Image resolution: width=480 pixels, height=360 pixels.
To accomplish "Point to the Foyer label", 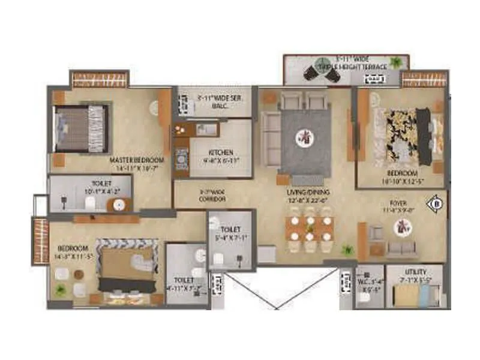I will click(397, 206).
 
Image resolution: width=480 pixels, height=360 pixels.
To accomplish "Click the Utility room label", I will click(415, 273).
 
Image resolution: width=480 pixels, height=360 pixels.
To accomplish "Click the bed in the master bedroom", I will click(82, 128).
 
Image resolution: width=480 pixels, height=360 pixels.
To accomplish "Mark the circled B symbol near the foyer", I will click(436, 204).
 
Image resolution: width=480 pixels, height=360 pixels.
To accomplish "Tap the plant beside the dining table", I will click(347, 249).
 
